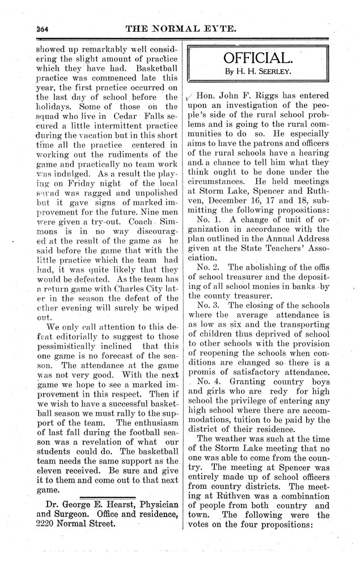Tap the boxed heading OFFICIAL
pos(258,58)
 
